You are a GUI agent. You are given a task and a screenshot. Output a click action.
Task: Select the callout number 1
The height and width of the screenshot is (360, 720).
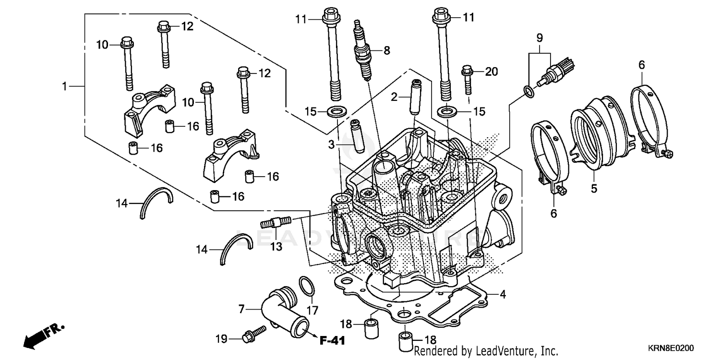coord(64,86)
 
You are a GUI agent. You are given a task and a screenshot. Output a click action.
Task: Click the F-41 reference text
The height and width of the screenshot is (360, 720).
coord(332,341)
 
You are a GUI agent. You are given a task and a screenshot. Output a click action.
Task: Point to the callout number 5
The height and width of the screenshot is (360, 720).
coord(594,189)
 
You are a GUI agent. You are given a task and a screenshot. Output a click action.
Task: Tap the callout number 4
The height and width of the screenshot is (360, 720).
coord(502,294)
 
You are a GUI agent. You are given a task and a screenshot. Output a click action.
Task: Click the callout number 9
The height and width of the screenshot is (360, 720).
coord(539,37)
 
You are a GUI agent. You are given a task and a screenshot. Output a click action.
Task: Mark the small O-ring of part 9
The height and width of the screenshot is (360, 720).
coord(528,92)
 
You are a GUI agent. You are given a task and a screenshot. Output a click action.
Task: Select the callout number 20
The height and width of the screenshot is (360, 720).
coord(492,72)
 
